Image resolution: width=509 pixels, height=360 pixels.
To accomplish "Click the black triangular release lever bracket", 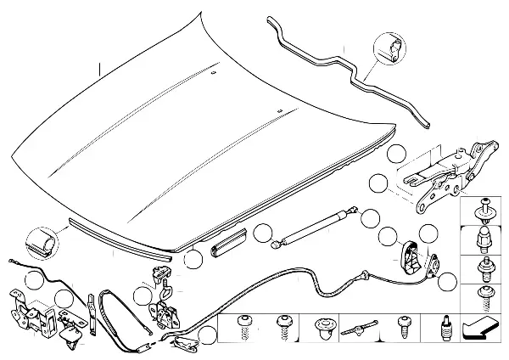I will coord(409,253).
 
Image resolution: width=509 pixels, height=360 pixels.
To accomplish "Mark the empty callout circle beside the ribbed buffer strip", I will coord(195,260).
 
